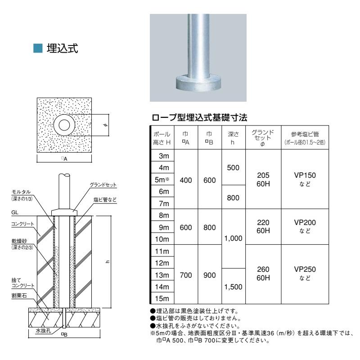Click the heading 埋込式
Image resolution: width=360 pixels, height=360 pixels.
tap(63, 49)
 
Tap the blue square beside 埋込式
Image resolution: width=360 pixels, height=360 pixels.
tap(39, 49)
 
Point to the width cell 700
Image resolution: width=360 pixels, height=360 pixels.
tap(185, 274)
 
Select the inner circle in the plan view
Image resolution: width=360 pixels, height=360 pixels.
tap(63, 125)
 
